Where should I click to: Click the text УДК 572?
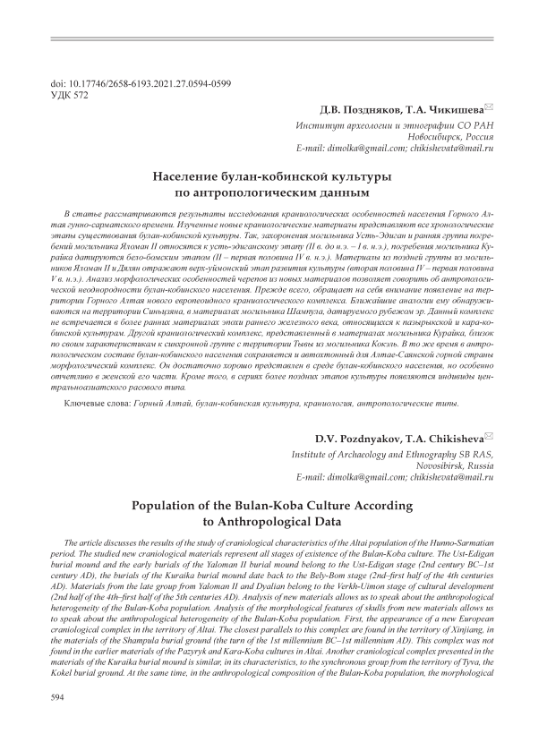point(73,93)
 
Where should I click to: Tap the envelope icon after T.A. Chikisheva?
point(488,438)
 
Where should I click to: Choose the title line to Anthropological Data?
point(273,522)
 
